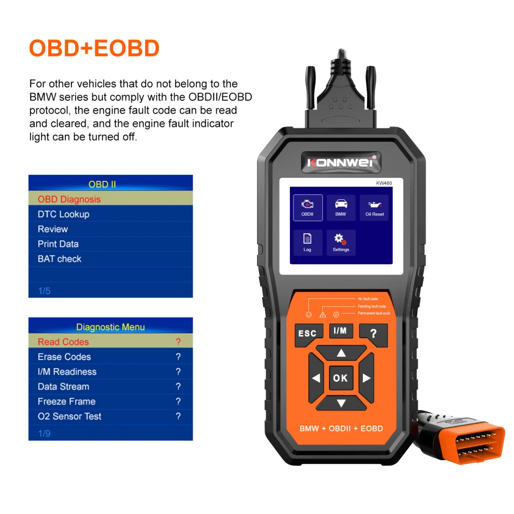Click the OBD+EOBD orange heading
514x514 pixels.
[94, 48]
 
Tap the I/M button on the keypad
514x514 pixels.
[340, 331]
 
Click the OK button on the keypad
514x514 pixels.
[340, 378]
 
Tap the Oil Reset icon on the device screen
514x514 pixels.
[374, 207]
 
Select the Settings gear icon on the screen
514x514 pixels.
[341, 242]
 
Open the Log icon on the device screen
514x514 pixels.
[307, 242]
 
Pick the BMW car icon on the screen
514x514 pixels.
[341, 207]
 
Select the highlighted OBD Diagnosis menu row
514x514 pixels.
[111, 199]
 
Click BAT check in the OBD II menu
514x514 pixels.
[60, 259]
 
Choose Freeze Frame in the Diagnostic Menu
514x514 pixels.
[66, 401]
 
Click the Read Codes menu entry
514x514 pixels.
[63, 342]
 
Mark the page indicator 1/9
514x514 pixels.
[44, 433]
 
